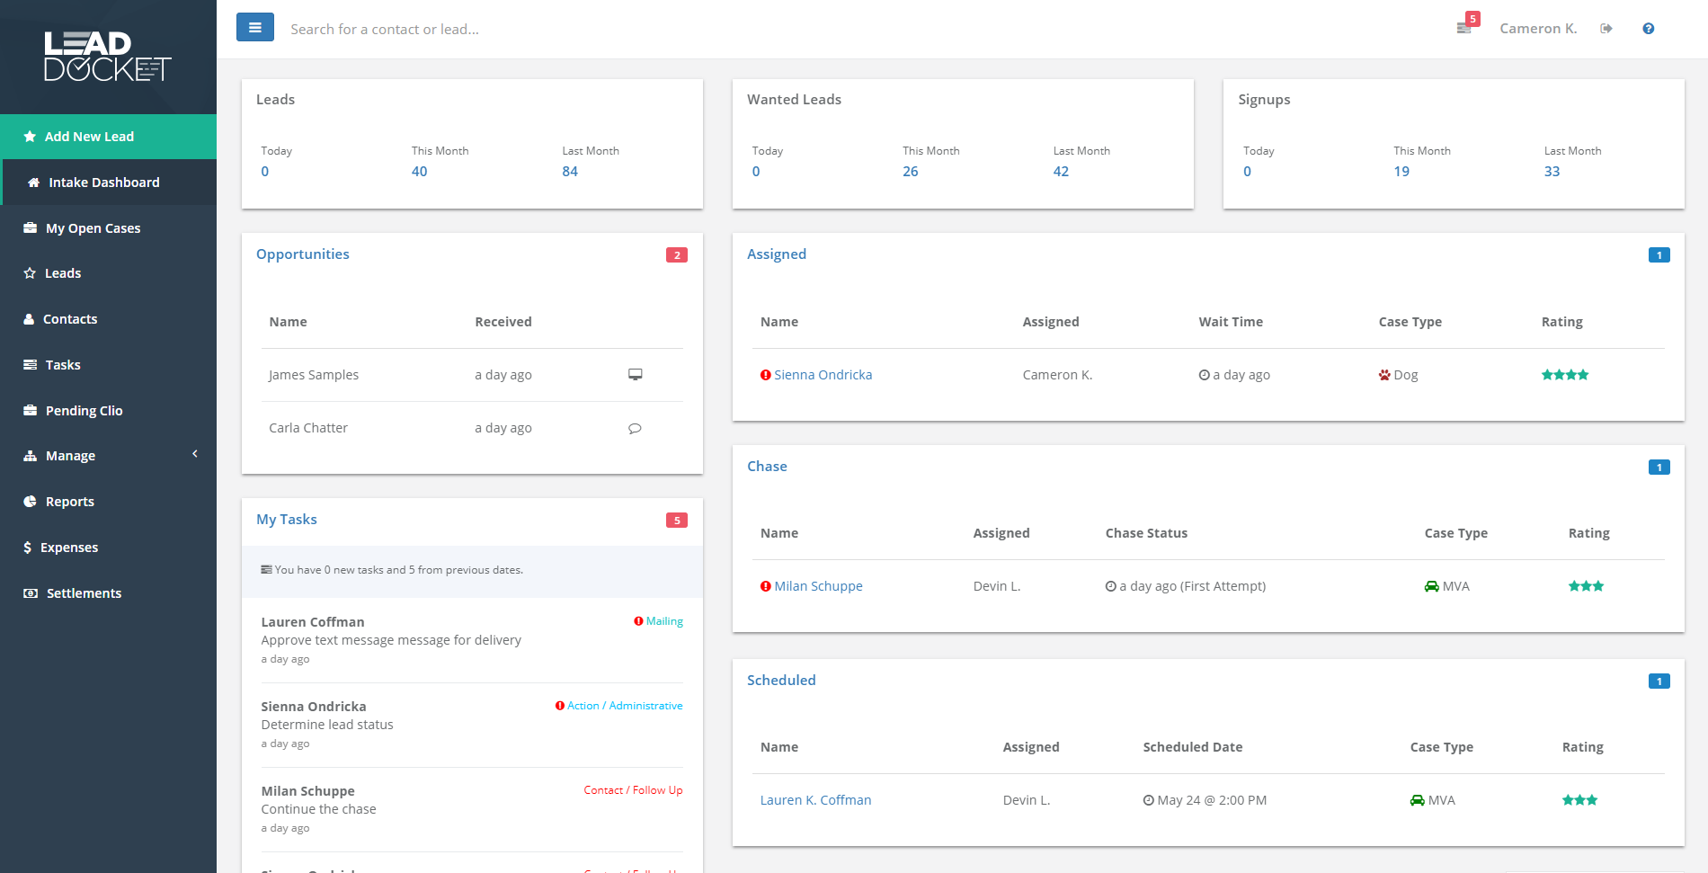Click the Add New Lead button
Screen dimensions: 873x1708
click(89, 137)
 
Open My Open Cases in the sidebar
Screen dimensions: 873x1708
click(93, 228)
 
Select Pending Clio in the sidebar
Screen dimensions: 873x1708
click(84, 411)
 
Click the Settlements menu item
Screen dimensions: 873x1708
click(84, 593)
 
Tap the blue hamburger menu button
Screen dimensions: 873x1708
click(255, 28)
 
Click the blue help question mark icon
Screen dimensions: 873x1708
click(1648, 29)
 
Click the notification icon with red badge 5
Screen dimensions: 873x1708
click(1465, 27)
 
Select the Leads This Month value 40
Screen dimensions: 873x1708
click(419, 172)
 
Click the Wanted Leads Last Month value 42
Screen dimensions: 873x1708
click(1061, 172)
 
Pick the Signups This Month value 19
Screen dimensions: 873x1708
click(1401, 172)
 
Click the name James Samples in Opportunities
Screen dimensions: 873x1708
click(314, 375)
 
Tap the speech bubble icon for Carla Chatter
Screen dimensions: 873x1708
click(635, 428)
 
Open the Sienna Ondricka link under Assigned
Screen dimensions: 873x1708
click(823, 375)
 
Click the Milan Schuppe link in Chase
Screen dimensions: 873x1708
click(818, 586)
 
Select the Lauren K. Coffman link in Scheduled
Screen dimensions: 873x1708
click(815, 800)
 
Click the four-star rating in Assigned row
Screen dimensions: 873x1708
click(1564, 375)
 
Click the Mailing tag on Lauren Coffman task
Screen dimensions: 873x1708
click(664, 621)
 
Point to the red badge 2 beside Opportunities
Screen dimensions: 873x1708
click(677, 255)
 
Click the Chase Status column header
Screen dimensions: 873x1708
click(1146, 533)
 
